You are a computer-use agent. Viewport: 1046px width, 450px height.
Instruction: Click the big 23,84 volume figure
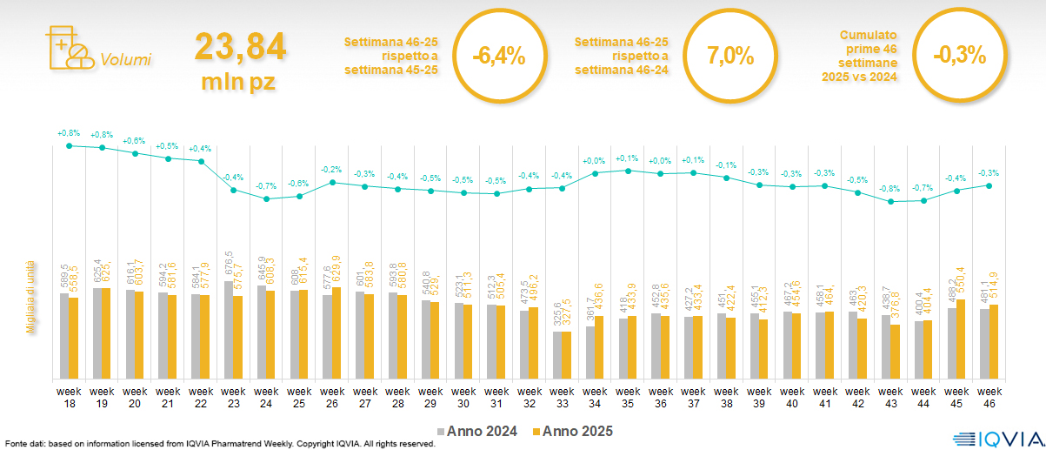point(240,47)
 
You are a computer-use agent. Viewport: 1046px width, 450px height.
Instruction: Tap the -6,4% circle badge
point(498,57)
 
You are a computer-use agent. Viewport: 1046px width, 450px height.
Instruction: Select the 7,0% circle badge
point(730,57)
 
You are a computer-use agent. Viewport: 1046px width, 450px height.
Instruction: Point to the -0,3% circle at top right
point(959,57)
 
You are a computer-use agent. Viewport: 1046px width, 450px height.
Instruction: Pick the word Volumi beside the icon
point(125,60)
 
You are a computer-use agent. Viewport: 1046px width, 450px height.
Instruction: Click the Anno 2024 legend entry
point(478,431)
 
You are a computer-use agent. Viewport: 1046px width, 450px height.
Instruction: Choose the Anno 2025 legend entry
point(573,431)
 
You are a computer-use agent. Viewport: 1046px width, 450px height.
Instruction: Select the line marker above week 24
point(267,199)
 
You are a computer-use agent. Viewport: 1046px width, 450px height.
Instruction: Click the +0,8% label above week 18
point(69,133)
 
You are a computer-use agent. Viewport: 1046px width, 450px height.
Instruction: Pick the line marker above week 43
point(890,202)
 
